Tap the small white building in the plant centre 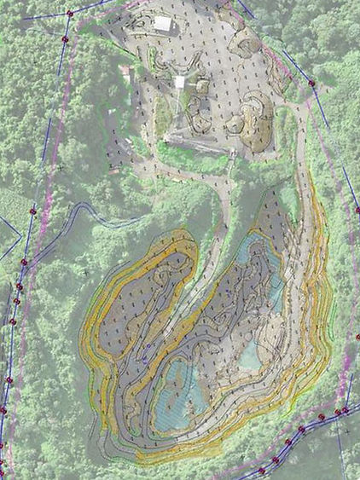coord(180,82)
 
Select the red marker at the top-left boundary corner coord(69,14)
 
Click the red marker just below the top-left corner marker coord(64,39)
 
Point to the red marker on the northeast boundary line coord(312,84)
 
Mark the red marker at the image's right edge coord(356,211)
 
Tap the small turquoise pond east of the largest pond coord(251,352)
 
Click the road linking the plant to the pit coord(220,205)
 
